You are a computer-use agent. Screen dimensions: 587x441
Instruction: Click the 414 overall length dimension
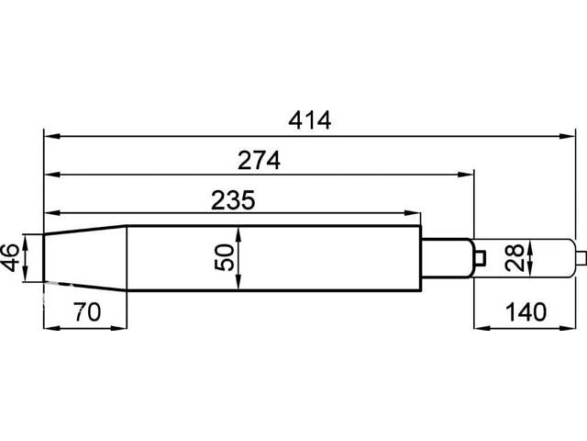pos(310,120)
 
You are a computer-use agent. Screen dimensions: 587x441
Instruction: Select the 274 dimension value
pos(259,161)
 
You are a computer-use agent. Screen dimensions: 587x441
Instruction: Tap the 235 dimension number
pos(233,200)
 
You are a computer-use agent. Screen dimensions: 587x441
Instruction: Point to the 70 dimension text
pos(87,312)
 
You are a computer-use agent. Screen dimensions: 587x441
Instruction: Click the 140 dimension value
pos(526,312)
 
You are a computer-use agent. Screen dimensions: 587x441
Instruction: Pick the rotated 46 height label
pos(10,257)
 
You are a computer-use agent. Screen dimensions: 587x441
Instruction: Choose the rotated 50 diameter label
pos(224,257)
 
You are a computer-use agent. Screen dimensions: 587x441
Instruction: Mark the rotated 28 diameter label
pos(514,257)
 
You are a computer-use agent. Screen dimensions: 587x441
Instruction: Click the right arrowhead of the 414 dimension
pos(567,136)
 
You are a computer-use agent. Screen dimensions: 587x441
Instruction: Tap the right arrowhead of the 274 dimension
pos(466,175)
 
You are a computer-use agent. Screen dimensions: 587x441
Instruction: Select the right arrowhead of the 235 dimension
pos(413,213)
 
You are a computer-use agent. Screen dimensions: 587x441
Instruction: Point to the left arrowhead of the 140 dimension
pos(482,328)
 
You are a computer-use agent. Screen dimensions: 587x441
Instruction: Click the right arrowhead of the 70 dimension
pos(119,328)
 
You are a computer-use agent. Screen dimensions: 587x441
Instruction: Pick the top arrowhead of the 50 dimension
pos(238,234)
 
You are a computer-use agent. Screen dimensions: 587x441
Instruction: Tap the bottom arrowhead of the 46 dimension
pos(25,274)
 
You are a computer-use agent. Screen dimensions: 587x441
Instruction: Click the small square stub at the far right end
pos(581,258)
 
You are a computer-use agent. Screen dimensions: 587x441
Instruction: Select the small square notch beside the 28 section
pos(480,257)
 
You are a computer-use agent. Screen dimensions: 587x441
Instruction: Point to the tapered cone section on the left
pos(85,258)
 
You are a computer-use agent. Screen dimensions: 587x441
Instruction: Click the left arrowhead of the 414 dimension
pos(52,136)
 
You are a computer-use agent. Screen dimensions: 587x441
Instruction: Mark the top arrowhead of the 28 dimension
pos(530,246)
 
